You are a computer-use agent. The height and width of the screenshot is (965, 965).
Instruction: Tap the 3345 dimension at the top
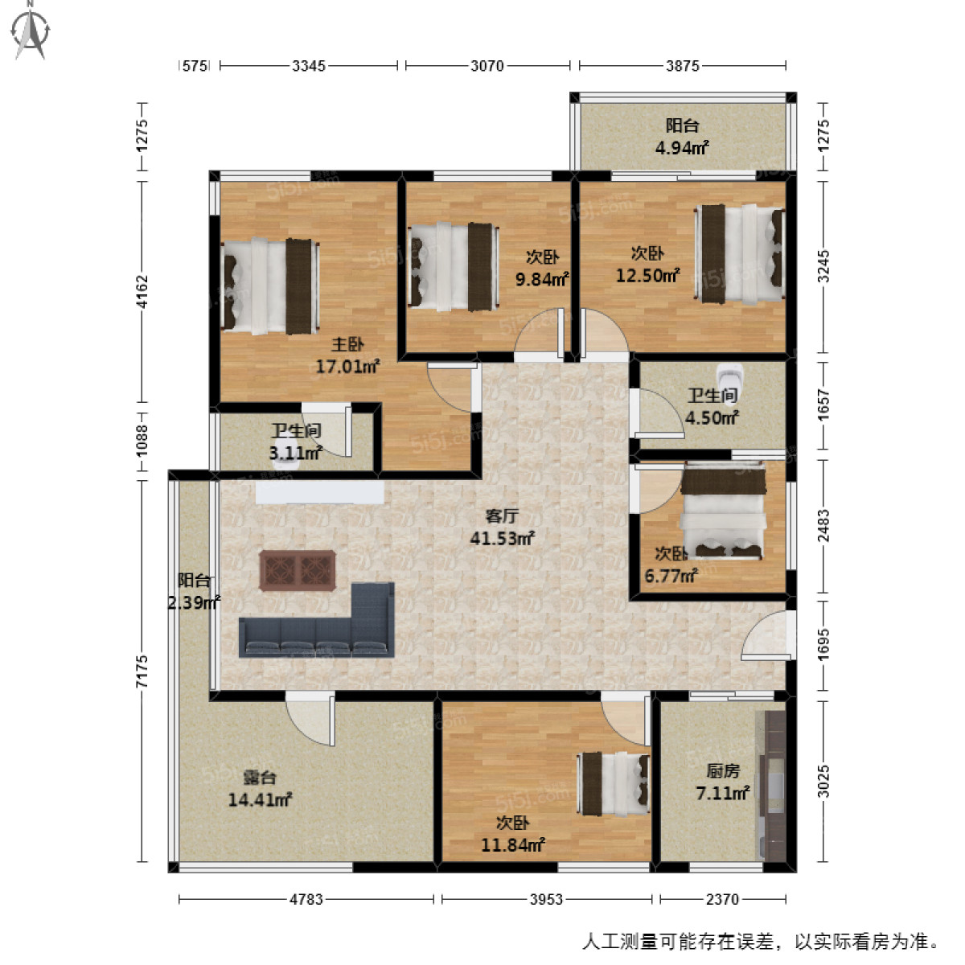click(309, 66)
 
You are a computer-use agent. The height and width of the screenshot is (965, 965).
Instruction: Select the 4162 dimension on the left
click(142, 291)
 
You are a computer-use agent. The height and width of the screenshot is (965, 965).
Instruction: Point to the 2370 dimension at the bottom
click(722, 899)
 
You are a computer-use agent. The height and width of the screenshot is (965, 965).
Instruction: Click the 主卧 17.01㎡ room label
click(347, 356)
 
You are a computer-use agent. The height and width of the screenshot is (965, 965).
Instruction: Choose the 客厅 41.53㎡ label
click(502, 528)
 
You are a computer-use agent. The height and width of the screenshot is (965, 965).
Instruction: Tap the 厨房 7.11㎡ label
click(723, 782)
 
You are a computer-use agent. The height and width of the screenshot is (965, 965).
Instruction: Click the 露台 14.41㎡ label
click(260, 789)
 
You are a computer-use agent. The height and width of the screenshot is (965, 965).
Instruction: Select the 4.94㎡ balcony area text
click(682, 148)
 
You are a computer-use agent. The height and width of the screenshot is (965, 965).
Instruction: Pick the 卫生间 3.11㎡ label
click(296, 442)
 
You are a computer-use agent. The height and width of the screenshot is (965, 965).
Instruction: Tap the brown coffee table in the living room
click(298, 570)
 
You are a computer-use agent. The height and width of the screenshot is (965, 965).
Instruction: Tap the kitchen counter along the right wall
click(774, 784)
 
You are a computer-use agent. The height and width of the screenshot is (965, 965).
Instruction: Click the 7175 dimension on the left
click(142, 671)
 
